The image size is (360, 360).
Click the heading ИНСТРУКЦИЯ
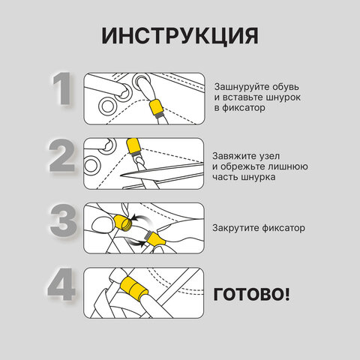pyautogui.click(x=180, y=36)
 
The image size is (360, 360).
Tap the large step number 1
pyautogui.click(x=61, y=88)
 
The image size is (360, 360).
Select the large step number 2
pyautogui.click(x=62, y=155)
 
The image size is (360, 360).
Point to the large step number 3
pyautogui.click(x=64, y=220)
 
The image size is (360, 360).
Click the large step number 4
pyautogui.click(x=61, y=284)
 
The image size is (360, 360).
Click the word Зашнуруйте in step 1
pyautogui.click(x=241, y=87)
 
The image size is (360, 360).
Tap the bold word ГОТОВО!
pyautogui.click(x=251, y=294)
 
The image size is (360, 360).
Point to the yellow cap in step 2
pyautogui.click(x=133, y=146)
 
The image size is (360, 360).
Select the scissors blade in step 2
pyautogui.click(x=162, y=170)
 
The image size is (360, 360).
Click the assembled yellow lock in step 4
pyautogui.click(x=133, y=286)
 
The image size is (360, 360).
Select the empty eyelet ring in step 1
pyautogui.click(x=107, y=106)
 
